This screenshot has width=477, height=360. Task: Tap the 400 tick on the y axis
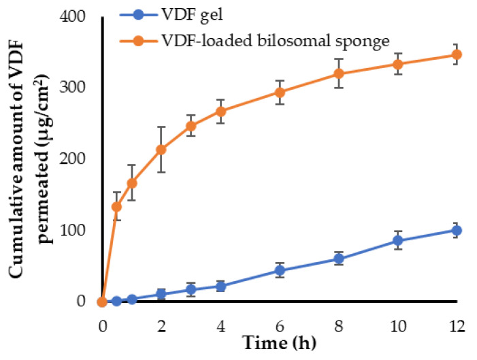pyautogui.click(x=78, y=16)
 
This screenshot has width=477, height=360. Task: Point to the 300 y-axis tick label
pyautogui.click(x=78, y=88)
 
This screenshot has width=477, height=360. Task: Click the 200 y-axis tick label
pyautogui.click(x=78, y=159)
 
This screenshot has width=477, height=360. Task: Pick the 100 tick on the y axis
pyautogui.click(x=78, y=230)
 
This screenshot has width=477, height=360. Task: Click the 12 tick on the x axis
pyautogui.click(x=457, y=325)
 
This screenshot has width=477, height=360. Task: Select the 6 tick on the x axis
pyautogui.click(x=279, y=325)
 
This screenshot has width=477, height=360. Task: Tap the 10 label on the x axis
pyautogui.click(x=397, y=325)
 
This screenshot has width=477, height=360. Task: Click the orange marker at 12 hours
pyautogui.click(x=457, y=54)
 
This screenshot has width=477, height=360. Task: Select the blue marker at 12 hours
pyautogui.click(x=457, y=230)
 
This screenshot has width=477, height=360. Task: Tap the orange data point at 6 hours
pyautogui.click(x=279, y=92)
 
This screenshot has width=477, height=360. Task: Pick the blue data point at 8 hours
pyautogui.click(x=338, y=259)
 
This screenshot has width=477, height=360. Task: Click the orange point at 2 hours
pyautogui.click(x=161, y=149)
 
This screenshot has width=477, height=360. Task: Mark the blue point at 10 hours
pyautogui.click(x=397, y=240)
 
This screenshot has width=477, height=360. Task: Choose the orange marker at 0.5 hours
pyautogui.click(x=117, y=206)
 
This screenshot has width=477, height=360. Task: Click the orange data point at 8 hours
pyautogui.click(x=338, y=73)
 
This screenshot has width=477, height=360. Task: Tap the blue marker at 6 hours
pyautogui.click(x=279, y=270)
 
